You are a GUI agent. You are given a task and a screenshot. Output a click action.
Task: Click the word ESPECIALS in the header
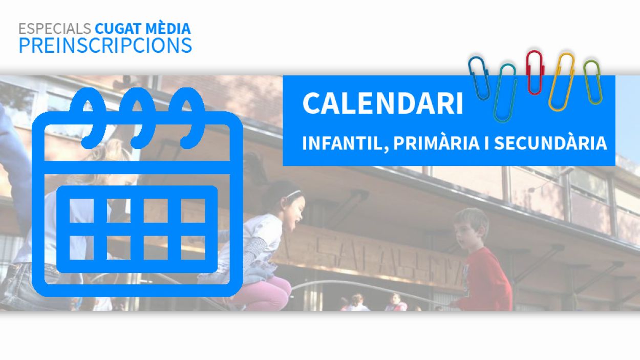(x=55, y=29)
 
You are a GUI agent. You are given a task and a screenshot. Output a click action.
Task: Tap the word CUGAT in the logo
(x=118, y=29)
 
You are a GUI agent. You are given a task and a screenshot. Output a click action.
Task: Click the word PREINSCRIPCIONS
(x=105, y=45)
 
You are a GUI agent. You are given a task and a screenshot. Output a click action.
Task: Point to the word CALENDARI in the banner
(x=382, y=103)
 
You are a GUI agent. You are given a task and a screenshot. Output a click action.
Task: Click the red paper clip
(x=535, y=72)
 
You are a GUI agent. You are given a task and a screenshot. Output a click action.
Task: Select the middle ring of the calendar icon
(x=137, y=118)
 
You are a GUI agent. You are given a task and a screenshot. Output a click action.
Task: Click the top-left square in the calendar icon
(x=81, y=210)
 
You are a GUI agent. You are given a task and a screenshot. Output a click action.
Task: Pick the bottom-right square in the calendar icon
(x=193, y=248)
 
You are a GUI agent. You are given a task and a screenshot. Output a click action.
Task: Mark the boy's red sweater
(x=486, y=280)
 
